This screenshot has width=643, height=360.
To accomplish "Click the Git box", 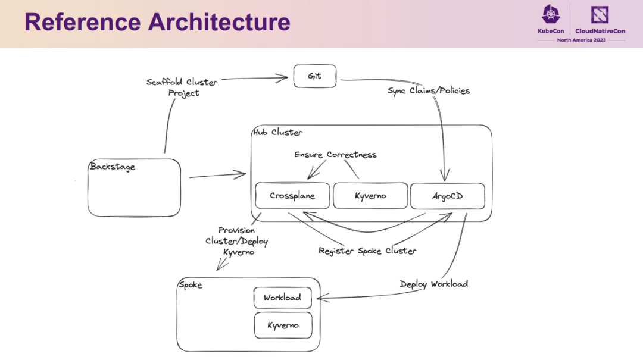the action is (315, 76).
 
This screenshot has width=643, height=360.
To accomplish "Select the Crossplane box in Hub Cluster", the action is (292, 196).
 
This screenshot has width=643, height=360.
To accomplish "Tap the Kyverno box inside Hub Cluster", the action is (370, 196).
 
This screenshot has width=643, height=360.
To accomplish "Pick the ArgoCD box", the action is (447, 196).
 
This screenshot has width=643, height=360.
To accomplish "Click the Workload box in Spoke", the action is (283, 298).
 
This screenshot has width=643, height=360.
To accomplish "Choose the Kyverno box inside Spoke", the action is (283, 325).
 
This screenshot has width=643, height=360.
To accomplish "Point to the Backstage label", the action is (113, 167).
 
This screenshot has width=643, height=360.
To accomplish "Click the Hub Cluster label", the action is (277, 132).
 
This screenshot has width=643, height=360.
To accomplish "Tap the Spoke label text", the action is (191, 284).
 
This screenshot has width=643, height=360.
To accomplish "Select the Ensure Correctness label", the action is (335, 155).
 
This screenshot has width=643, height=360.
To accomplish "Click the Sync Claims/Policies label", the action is (429, 90).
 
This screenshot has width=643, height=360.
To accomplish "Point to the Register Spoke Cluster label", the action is (367, 251).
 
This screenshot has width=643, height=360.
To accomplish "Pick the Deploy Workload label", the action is (434, 284).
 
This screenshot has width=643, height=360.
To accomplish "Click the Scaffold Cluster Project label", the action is (182, 87).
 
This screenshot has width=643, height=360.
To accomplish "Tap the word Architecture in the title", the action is (219, 22).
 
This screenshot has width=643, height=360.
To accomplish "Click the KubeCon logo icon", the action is (551, 15).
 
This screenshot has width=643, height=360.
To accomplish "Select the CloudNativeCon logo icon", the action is (600, 15).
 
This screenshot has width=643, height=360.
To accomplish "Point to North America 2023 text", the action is (581, 40).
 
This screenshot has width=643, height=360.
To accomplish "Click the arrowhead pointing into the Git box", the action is (283, 78).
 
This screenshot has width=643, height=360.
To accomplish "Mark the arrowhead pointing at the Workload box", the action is (322, 298).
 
